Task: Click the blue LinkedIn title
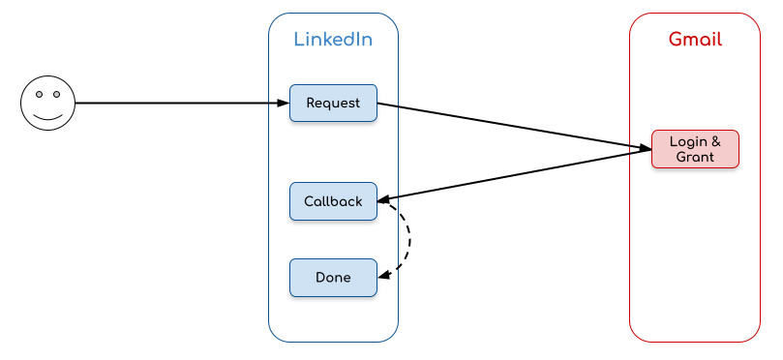[333, 40]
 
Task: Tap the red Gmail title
[695, 40]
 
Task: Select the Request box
[333, 103]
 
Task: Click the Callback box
[333, 201]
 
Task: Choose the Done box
[333, 278]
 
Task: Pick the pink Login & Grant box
[695, 149]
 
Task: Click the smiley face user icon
[47, 103]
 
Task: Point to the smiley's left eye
[39, 95]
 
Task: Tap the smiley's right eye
[56, 95]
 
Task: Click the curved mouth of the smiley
[47, 116]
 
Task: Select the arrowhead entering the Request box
[284, 103]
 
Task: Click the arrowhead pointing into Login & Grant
[645, 149]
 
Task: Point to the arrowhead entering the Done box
[383, 276]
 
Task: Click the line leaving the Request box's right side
[387, 105]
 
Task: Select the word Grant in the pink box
[695, 157]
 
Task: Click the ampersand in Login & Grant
[715, 142]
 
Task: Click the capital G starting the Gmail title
[675, 40]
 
